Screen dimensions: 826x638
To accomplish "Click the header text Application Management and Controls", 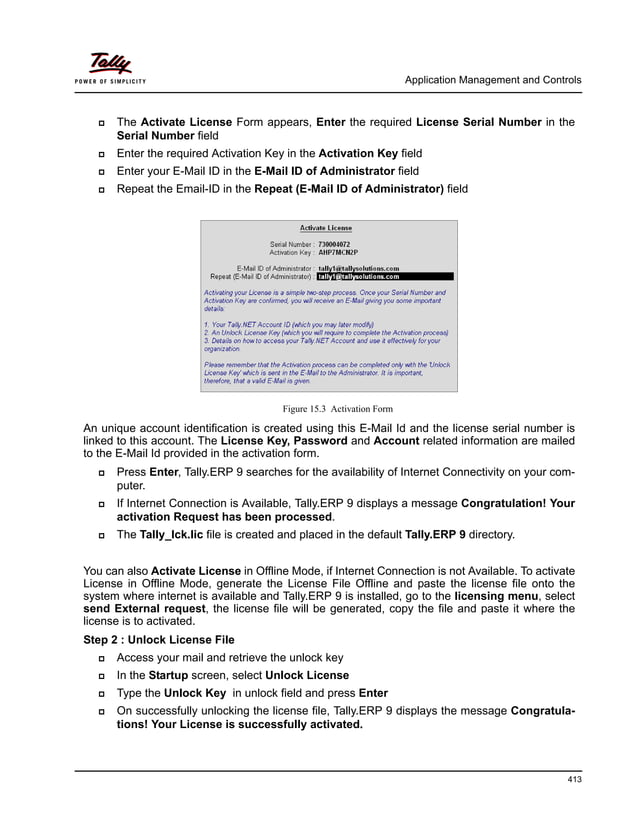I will (x=492, y=80).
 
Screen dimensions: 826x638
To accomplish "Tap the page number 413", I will (x=572, y=780).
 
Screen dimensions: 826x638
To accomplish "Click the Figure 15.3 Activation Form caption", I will (x=337, y=409).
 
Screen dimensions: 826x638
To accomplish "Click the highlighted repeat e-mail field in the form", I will (x=384, y=276).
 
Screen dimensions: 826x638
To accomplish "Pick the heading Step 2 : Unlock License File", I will (x=159, y=639).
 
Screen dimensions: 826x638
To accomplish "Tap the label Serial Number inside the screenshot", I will (x=291, y=243).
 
